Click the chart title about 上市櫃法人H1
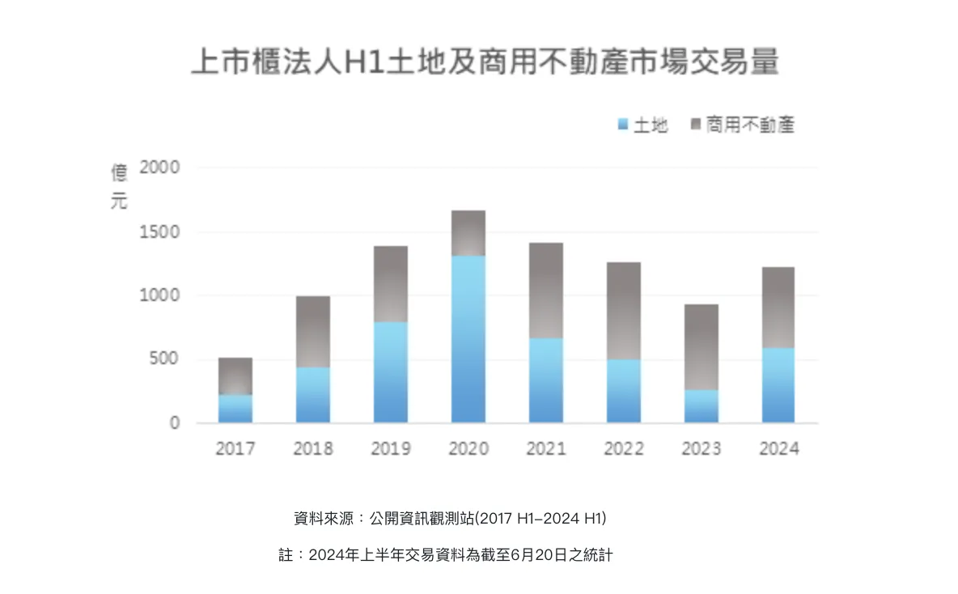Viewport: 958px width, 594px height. click(x=485, y=62)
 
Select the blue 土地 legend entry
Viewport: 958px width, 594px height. click(x=643, y=125)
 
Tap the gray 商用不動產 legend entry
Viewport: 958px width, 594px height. click(x=742, y=125)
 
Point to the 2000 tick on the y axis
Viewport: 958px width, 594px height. click(x=159, y=168)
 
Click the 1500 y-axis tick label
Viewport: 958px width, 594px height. click(x=159, y=232)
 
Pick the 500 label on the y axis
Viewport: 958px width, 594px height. click(x=164, y=359)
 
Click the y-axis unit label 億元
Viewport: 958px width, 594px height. click(x=119, y=187)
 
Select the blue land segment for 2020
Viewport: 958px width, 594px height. click(x=468, y=339)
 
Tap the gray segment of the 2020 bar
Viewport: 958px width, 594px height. click(x=468, y=233)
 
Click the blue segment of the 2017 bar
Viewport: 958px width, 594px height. click(x=235, y=409)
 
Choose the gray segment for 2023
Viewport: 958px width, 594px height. click(x=702, y=347)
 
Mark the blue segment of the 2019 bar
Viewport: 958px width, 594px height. click(x=391, y=372)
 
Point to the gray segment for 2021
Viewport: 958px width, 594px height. click(x=546, y=291)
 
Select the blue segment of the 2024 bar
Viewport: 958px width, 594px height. click(x=778, y=385)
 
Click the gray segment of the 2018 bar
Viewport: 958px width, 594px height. click(x=313, y=332)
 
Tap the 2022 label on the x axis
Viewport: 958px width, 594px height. click(x=624, y=448)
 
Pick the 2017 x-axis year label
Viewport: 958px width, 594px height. click(x=235, y=448)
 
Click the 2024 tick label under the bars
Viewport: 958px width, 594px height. click(x=778, y=448)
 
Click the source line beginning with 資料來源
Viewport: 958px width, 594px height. click(x=450, y=518)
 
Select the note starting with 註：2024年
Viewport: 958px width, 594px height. click(x=451, y=556)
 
